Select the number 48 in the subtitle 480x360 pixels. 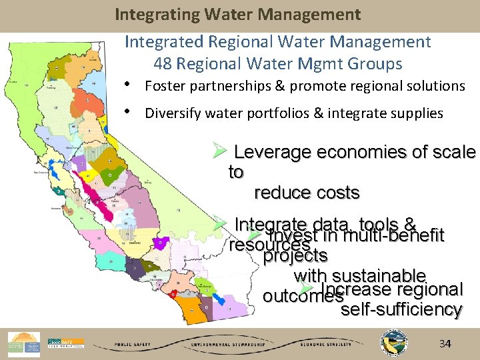point(162,64)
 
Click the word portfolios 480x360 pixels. point(284,113)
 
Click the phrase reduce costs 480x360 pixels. point(307,193)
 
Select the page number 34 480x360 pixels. point(445,344)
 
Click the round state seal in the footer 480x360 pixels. point(391,343)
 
